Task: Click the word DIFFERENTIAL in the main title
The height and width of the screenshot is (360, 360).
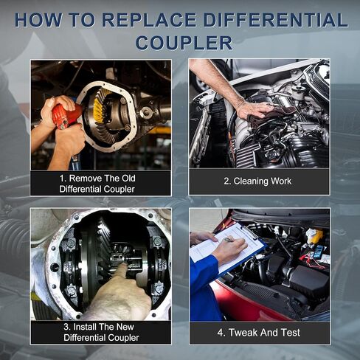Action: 276,19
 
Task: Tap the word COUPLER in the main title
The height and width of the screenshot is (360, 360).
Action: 184,43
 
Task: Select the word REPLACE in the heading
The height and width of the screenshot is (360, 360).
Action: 149,19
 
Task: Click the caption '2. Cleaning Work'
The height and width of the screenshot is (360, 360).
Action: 257,181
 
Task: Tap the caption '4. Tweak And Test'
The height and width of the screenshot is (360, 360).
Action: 259,333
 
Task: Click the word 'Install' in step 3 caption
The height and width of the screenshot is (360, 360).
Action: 84,327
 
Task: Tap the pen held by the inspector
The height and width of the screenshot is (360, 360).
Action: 228,239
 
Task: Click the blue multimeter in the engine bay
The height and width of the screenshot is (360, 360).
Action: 319,252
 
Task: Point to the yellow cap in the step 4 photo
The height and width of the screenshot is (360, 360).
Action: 316,234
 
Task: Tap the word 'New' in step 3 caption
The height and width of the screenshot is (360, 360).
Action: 125,327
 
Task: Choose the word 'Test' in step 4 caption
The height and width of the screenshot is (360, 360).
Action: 291,333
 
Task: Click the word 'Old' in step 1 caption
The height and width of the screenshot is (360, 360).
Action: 128,179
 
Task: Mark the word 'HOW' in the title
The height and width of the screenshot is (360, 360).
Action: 38,19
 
